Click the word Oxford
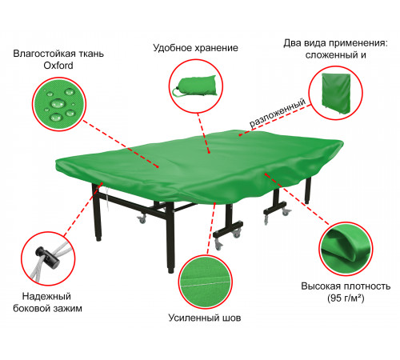(x=58, y=66)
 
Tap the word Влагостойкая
(x=44, y=54)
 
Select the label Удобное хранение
(x=195, y=48)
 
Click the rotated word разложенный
(x=278, y=113)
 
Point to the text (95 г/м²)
(x=346, y=298)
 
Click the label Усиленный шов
(x=205, y=318)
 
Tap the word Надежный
(x=46, y=296)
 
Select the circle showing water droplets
(x=59, y=104)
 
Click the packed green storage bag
(x=194, y=86)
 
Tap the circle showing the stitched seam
(x=206, y=282)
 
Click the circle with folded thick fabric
(x=346, y=249)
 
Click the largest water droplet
(x=58, y=103)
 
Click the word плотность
(x=367, y=286)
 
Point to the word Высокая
(x=322, y=286)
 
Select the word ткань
(x=90, y=54)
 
